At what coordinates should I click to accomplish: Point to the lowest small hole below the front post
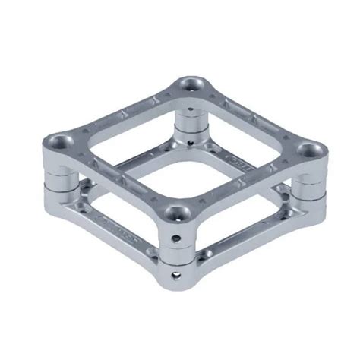178,271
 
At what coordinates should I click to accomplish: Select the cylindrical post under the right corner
308,187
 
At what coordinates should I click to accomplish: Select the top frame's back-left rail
122,111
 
